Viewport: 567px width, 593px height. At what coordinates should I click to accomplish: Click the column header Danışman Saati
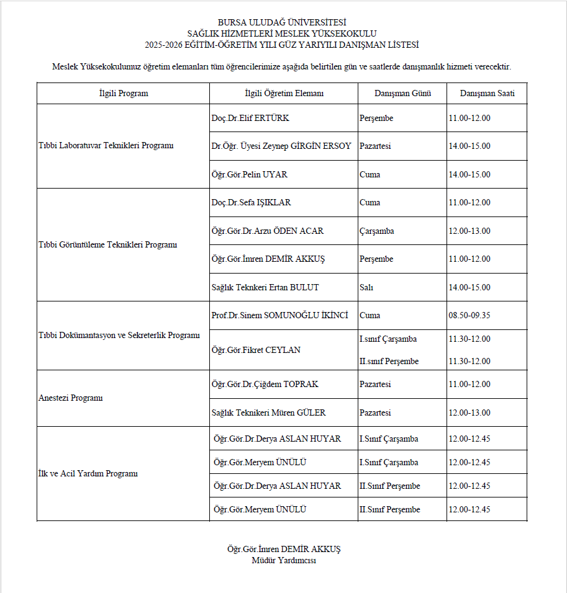pyautogui.click(x=487, y=94)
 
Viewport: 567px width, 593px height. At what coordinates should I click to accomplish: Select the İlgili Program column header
pyautogui.click(x=124, y=94)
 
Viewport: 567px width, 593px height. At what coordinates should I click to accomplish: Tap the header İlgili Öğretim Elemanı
pyautogui.click(x=284, y=94)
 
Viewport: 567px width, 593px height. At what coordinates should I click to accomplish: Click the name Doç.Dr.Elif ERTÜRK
pyautogui.click(x=250, y=118)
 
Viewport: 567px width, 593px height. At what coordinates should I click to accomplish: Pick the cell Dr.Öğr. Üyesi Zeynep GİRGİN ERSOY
pyautogui.click(x=281, y=146)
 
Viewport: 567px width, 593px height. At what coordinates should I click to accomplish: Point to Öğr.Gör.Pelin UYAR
pyautogui.click(x=249, y=174)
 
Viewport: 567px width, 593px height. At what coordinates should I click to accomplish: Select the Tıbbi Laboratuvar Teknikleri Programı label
pyautogui.click(x=106, y=146)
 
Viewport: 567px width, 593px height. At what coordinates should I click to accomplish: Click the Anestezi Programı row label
pyautogui.click(x=70, y=398)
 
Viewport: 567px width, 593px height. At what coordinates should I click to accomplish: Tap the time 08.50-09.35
pyautogui.click(x=469, y=315)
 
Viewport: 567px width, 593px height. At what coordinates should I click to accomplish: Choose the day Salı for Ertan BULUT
pyautogui.click(x=366, y=287)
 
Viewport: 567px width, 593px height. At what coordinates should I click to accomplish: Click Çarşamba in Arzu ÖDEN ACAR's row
pyautogui.click(x=377, y=231)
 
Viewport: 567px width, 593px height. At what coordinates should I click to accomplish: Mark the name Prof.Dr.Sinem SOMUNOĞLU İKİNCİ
pyautogui.click(x=279, y=315)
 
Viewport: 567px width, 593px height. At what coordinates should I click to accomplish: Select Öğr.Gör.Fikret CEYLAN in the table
pyautogui.click(x=256, y=350)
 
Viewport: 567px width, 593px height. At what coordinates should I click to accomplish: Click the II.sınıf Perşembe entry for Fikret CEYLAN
pyautogui.click(x=389, y=361)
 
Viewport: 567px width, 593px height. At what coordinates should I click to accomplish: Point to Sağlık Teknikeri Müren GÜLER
pyautogui.click(x=268, y=412)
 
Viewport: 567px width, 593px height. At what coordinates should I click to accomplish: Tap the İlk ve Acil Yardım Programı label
pyautogui.click(x=88, y=473)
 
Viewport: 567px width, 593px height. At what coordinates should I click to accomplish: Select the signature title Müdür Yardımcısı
pyautogui.click(x=284, y=560)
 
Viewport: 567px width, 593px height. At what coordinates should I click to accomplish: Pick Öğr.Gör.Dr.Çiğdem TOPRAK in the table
pyautogui.click(x=265, y=384)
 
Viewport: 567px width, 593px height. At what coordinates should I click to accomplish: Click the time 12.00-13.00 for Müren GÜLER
pyautogui.click(x=469, y=412)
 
